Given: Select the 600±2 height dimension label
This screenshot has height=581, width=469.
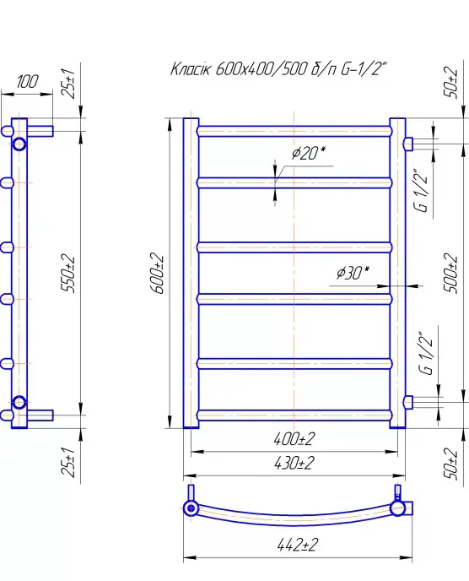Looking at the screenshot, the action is point(158,273).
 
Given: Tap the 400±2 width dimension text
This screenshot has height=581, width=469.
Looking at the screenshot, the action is point(294,439).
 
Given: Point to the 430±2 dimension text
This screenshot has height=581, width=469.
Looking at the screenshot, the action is point(294,463).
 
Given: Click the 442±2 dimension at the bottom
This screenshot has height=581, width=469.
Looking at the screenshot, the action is point(298,545).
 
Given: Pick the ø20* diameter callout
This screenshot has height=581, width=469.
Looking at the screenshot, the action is point(309,153).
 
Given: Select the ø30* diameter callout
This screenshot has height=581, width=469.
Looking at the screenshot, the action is point(353,273).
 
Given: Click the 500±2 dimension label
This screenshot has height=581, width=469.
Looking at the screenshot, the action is point(450,273).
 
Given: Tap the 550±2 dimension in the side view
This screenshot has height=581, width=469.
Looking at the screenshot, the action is point(68,273).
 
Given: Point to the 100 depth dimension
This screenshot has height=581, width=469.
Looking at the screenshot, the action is point(27,82).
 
